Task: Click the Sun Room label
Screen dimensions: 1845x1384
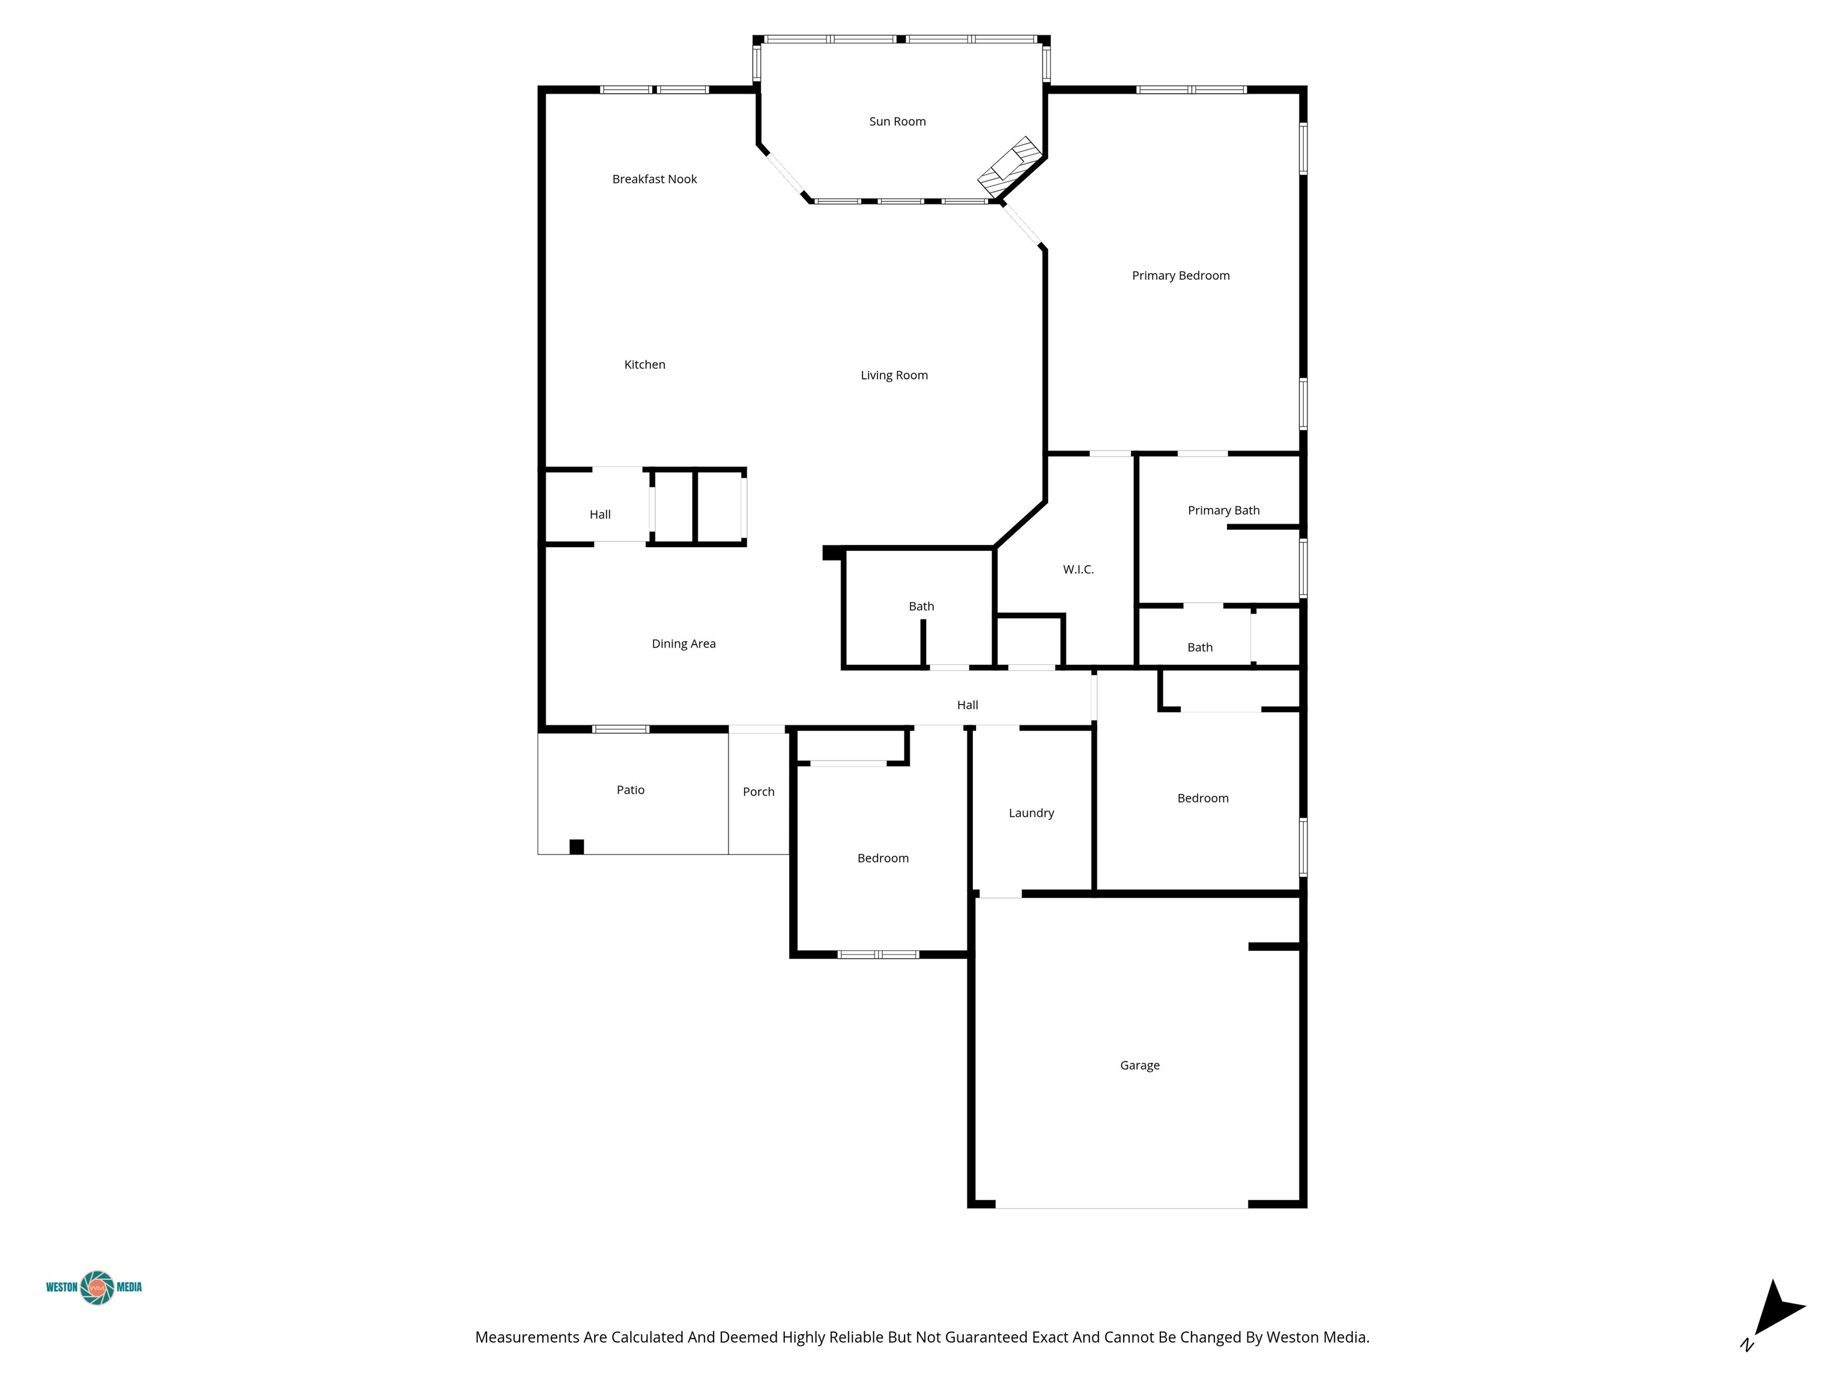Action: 897,122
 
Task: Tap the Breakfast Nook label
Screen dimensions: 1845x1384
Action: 655,180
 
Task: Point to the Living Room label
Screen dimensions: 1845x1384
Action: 894,376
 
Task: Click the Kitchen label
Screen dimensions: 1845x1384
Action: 645,365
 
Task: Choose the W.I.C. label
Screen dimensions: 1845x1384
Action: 1079,570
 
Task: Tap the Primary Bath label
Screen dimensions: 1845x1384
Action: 1223,511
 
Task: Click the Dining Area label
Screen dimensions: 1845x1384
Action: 684,644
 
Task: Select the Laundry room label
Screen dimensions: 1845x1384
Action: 1032,813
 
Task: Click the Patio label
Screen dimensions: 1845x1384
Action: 631,790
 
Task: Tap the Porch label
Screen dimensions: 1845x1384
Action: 759,792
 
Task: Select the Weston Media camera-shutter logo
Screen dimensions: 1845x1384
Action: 97,1287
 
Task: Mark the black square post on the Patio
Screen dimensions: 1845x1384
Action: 577,847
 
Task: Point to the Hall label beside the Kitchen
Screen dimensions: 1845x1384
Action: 601,515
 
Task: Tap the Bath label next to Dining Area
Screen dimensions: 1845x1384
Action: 922,607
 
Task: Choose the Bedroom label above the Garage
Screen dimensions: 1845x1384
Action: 1203,798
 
